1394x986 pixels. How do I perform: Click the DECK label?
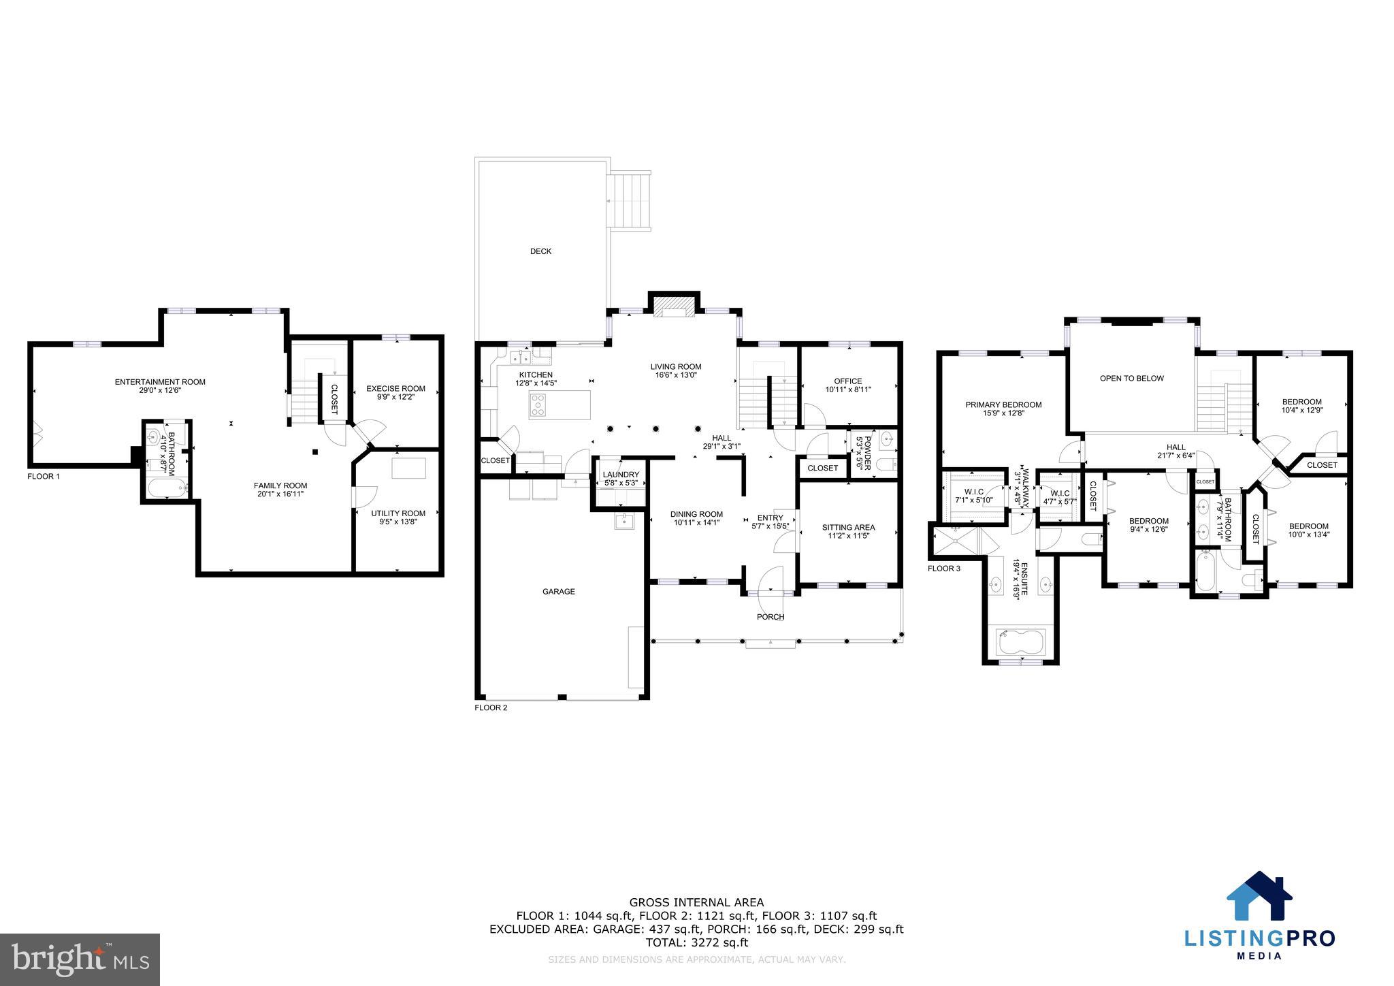coord(540,251)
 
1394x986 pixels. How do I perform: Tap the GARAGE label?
coord(558,592)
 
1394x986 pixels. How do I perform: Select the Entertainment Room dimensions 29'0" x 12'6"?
coord(160,391)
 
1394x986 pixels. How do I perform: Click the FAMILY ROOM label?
coord(280,486)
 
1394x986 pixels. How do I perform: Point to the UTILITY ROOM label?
coord(398,513)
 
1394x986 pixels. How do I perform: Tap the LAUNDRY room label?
coord(621,475)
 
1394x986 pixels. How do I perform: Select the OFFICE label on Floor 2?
coord(847,381)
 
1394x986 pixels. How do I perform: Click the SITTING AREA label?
coord(848,527)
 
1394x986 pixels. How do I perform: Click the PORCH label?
coord(771,617)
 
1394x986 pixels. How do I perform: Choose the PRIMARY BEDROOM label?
coord(1003,404)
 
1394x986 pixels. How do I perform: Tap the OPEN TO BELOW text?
coord(1132,379)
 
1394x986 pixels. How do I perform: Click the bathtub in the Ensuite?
coord(1020,641)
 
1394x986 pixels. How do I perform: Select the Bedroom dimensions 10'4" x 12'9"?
coord(1301,411)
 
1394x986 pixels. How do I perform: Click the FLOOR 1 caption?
coord(44,477)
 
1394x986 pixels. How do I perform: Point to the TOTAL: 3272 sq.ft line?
coord(696,942)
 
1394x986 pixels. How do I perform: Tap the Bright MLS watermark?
coord(80,959)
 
